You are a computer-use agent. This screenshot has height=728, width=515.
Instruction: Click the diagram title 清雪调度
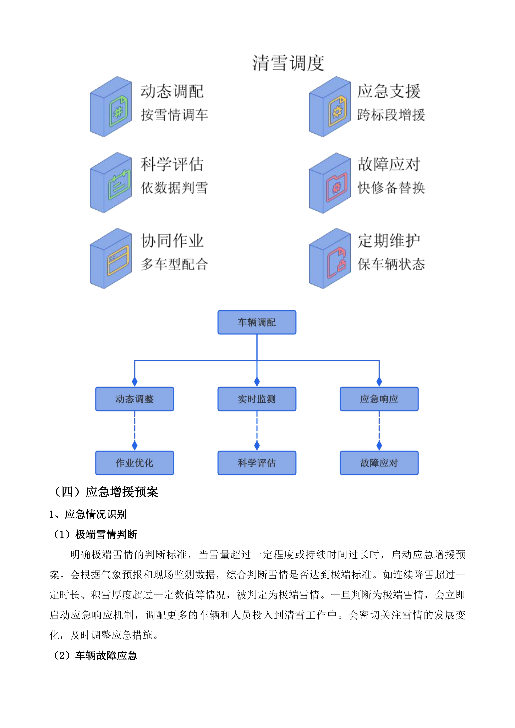pyautogui.click(x=288, y=63)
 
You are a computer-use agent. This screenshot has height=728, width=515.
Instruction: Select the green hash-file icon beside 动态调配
pyautogui.click(x=118, y=111)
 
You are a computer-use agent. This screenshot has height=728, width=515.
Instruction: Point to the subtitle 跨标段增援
pyautogui.click(x=391, y=115)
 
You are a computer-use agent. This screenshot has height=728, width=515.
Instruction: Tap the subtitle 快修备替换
pyautogui.click(x=391, y=188)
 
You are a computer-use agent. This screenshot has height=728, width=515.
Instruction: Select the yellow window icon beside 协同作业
pyautogui.click(x=118, y=261)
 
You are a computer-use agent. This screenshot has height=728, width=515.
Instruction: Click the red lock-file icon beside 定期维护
pyautogui.click(x=337, y=263)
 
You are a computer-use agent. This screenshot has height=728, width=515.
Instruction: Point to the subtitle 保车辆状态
pyautogui.click(x=391, y=264)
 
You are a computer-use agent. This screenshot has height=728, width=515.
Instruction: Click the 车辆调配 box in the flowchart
pyautogui.click(x=257, y=322)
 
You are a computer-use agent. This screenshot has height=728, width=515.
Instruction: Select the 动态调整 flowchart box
pyautogui.click(x=135, y=399)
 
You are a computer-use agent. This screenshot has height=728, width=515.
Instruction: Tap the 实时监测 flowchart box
pyautogui.click(x=257, y=399)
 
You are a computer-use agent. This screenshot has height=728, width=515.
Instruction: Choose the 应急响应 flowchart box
pyautogui.click(x=379, y=399)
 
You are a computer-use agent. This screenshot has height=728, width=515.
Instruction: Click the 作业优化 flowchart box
pyautogui.click(x=135, y=463)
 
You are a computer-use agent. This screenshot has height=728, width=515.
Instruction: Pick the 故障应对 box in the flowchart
pyautogui.click(x=379, y=463)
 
